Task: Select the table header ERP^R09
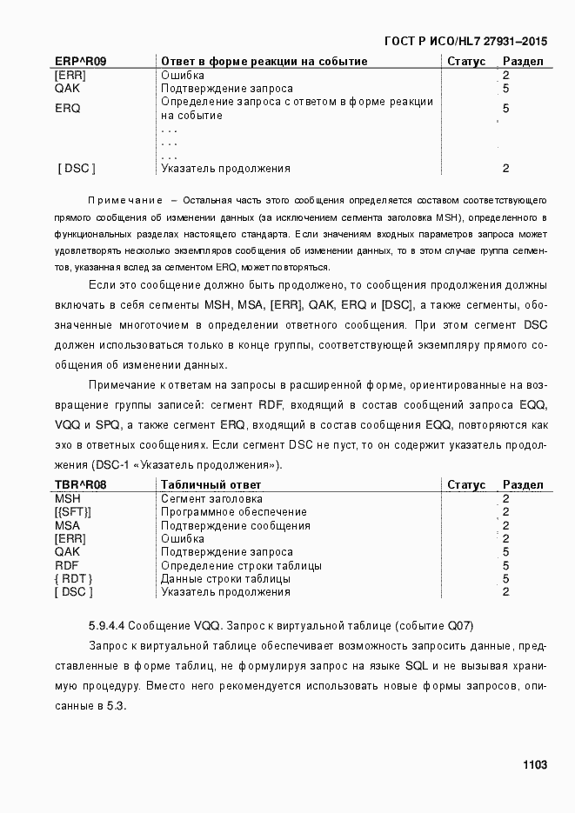(80, 62)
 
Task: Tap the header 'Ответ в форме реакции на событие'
(264, 62)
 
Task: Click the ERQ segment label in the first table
(67, 109)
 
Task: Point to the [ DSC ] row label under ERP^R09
(77, 169)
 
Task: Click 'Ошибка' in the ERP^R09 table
(183, 76)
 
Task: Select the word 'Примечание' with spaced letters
(125, 200)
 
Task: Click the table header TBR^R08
(80, 485)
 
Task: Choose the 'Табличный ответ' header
(211, 485)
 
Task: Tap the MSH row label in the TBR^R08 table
(67, 499)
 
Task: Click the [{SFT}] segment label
(72, 512)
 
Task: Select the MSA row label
(67, 526)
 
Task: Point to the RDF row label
(67, 566)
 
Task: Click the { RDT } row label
(73, 579)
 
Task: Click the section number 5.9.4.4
(108, 626)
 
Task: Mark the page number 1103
(534, 765)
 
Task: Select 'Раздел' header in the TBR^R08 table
(523, 485)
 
